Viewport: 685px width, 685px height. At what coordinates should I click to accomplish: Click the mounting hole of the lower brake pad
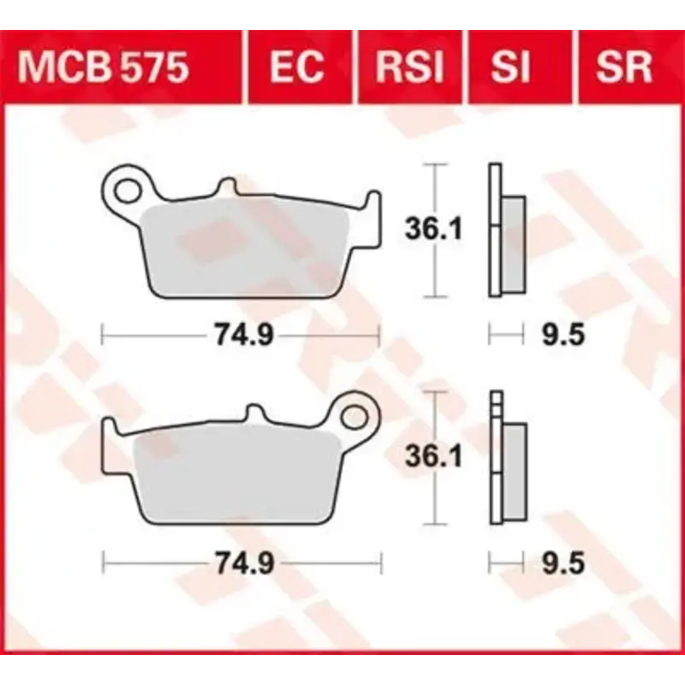point(354,417)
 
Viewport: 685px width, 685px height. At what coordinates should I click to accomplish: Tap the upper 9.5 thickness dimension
point(563,335)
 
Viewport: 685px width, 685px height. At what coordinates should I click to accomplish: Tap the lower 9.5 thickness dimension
point(563,563)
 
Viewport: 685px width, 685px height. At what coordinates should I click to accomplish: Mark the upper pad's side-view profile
point(506,230)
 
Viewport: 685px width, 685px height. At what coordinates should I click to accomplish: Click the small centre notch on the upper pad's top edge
point(227,187)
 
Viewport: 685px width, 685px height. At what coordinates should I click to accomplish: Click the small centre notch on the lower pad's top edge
point(254,414)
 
